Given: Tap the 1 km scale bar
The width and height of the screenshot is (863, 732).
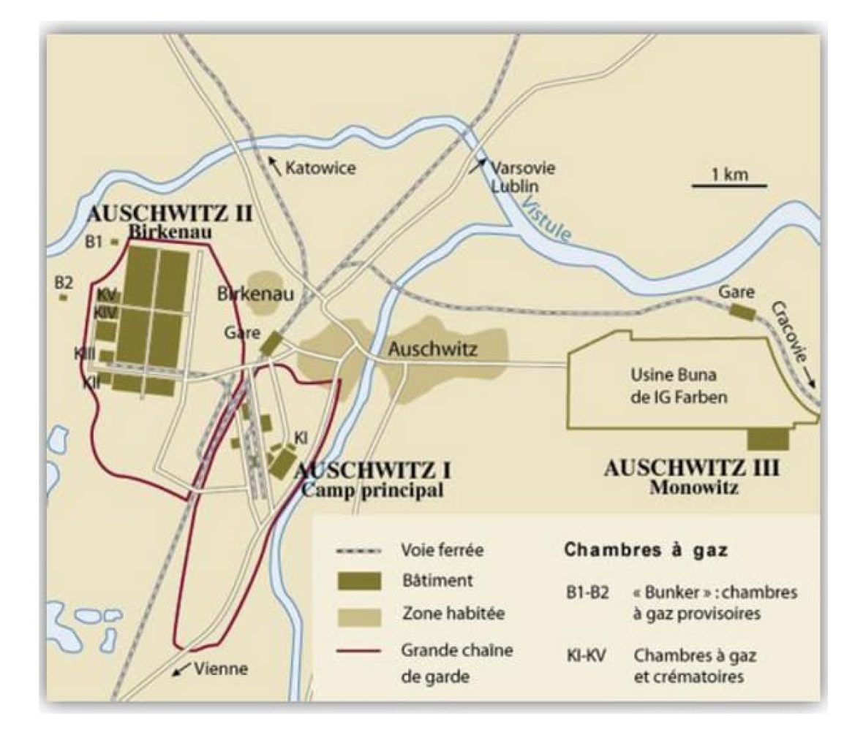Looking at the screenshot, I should click(720, 185).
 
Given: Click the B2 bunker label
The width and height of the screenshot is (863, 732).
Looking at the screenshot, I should click(64, 282).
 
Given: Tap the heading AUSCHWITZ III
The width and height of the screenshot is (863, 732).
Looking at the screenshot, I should click(691, 468).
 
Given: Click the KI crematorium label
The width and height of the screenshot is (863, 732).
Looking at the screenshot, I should click(300, 437).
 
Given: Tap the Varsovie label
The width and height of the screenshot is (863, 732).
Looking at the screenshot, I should click(522, 167).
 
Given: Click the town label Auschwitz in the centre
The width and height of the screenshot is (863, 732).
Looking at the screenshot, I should click(432, 349).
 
